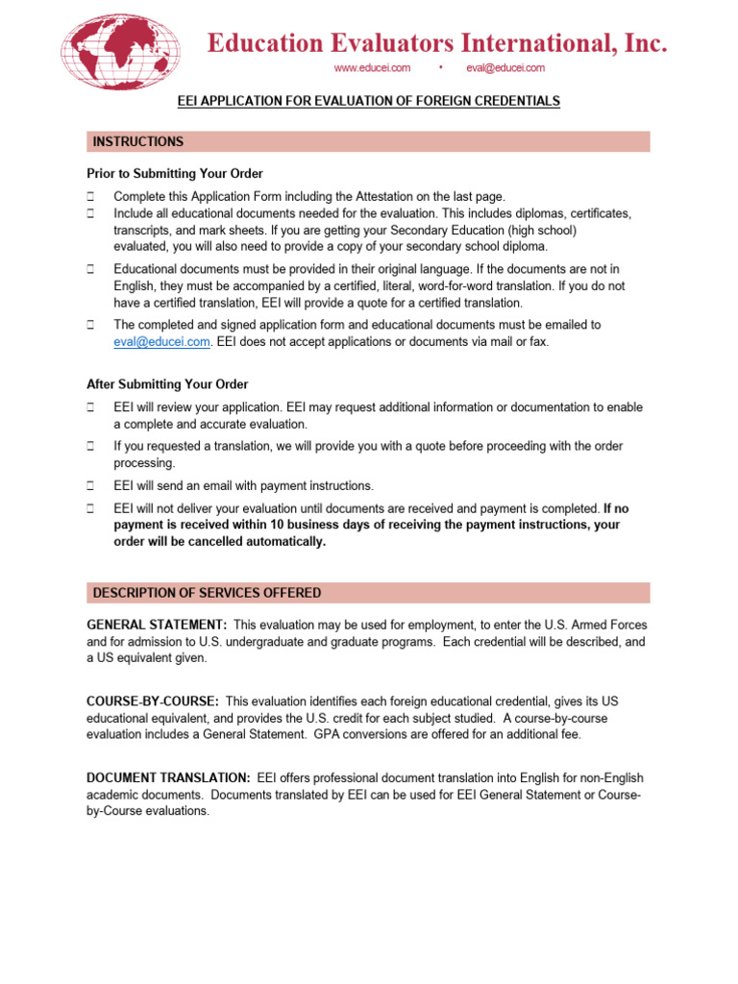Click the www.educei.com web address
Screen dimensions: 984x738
click(372, 67)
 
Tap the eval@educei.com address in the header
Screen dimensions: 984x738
click(505, 67)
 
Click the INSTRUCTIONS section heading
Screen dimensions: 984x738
click(137, 142)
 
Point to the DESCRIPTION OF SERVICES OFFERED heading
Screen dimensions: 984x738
click(207, 593)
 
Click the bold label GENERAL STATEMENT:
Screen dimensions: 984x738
click(157, 626)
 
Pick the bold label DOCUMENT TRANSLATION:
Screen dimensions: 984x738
click(169, 777)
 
